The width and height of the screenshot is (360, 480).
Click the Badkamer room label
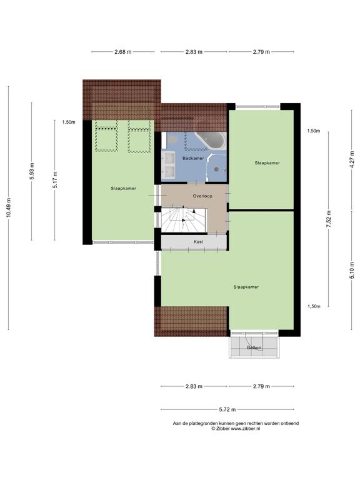(x=193, y=158)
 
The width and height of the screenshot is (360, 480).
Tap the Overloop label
(x=202, y=196)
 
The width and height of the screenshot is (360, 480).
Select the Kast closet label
(x=198, y=242)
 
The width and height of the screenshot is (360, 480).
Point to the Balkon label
(x=254, y=347)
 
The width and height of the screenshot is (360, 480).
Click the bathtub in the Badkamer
(x=211, y=141)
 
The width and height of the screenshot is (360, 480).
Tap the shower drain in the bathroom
(x=216, y=169)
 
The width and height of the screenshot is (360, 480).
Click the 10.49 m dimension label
(x=8, y=208)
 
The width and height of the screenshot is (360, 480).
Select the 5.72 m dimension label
(x=227, y=409)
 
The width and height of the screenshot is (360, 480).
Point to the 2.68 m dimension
(x=123, y=52)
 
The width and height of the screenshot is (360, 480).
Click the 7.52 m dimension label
(x=329, y=219)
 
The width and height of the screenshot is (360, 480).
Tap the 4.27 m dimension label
(x=352, y=159)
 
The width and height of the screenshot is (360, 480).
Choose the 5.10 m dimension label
(x=352, y=270)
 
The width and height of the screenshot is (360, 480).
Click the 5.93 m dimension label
(x=31, y=171)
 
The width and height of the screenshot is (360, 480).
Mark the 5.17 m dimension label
(x=55, y=180)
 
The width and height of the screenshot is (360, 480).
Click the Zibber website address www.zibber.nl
(x=246, y=429)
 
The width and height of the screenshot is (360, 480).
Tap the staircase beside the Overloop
(x=184, y=220)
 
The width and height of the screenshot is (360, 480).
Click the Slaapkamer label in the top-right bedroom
(x=267, y=163)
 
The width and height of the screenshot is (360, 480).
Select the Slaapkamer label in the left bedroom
(x=123, y=189)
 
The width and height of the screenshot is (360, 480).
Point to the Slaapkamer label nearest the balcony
(x=246, y=287)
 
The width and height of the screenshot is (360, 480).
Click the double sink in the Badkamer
(x=168, y=165)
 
